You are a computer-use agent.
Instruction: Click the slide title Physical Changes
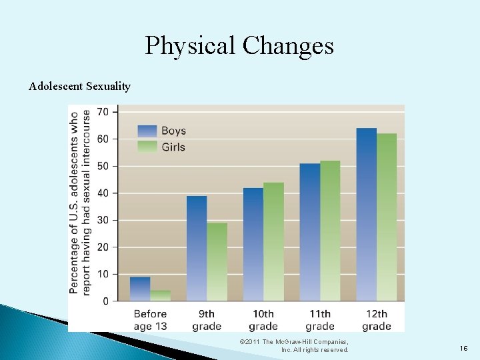tap(239, 45)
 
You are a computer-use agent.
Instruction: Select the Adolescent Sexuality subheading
tap(80, 86)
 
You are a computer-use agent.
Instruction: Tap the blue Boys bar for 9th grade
tap(196, 249)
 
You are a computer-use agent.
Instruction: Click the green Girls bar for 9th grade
tap(217, 262)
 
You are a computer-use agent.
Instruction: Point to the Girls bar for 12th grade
tap(387, 217)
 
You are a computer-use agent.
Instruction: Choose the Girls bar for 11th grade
tap(330, 231)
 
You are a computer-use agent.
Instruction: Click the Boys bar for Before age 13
tap(139, 289)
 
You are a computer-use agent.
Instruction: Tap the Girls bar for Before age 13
tap(160, 296)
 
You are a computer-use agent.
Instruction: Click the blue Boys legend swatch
tap(147, 131)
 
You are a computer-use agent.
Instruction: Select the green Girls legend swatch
tap(147, 147)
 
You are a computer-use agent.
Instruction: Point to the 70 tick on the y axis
tap(103, 112)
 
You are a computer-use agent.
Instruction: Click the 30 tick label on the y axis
tap(103, 220)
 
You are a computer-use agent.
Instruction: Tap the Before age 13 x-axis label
tap(150, 320)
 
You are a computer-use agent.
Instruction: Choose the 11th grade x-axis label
tap(320, 320)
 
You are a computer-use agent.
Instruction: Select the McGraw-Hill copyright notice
tap(294, 345)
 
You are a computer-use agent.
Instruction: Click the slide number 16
tap(463, 347)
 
